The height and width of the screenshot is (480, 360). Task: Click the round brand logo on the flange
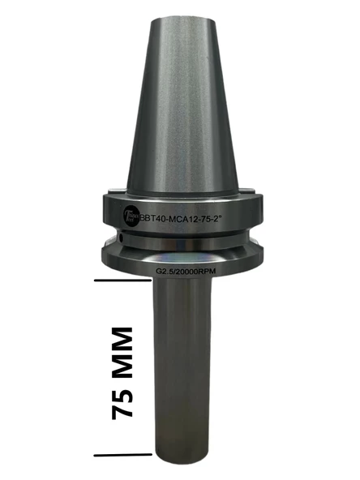(x=128, y=216)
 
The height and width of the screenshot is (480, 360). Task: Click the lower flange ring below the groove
(x=182, y=256)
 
